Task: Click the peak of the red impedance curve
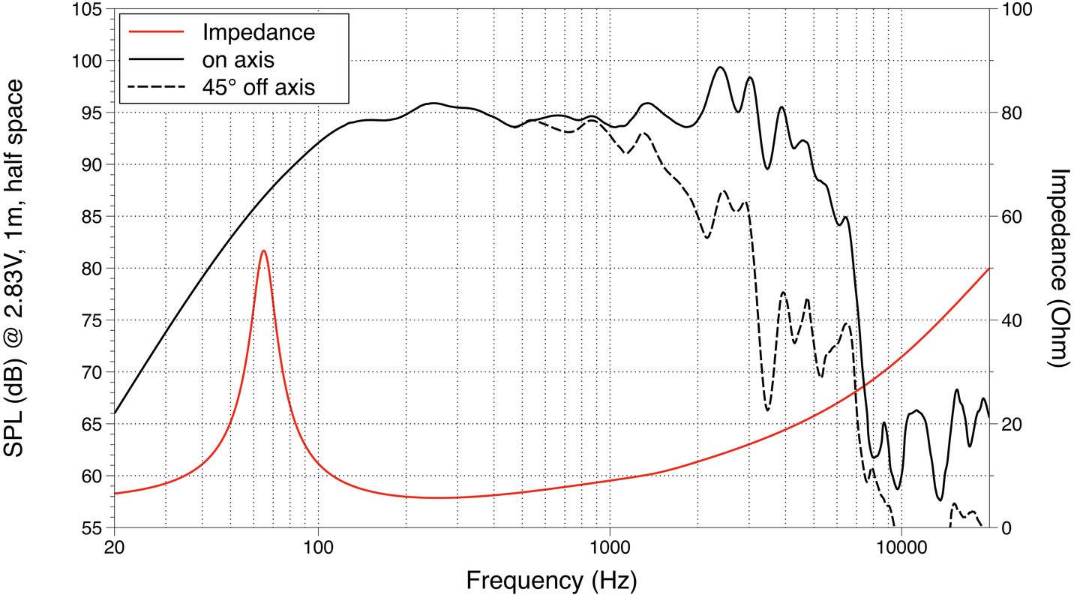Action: (x=263, y=251)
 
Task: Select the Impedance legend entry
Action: (x=258, y=32)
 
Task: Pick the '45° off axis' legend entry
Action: (x=258, y=86)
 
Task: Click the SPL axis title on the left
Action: (x=20, y=267)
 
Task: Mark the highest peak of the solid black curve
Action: (x=720, y=67)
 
